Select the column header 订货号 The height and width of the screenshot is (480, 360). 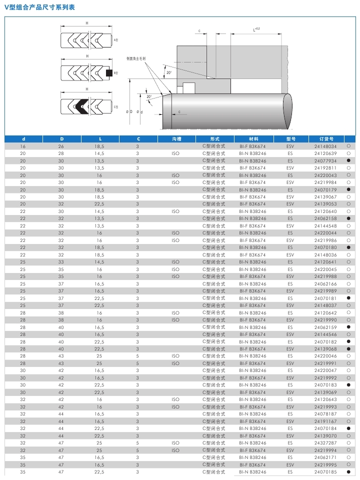[326, 139]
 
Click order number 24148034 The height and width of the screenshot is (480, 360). [325, 146]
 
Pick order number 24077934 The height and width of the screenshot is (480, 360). [325, 160]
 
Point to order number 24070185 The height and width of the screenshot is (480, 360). [325, 471]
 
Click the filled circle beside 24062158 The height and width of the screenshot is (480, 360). [348, 218]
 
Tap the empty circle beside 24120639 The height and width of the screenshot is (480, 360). [348, 153]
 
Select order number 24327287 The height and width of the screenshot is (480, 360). [325, 443]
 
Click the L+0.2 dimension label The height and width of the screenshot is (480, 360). [256, 29]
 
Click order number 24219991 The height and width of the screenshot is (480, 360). [325, 363]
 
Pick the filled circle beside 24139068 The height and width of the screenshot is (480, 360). [348, 349]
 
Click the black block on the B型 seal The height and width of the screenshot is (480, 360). [109, 73]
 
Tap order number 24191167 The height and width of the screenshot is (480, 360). [325, 421]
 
